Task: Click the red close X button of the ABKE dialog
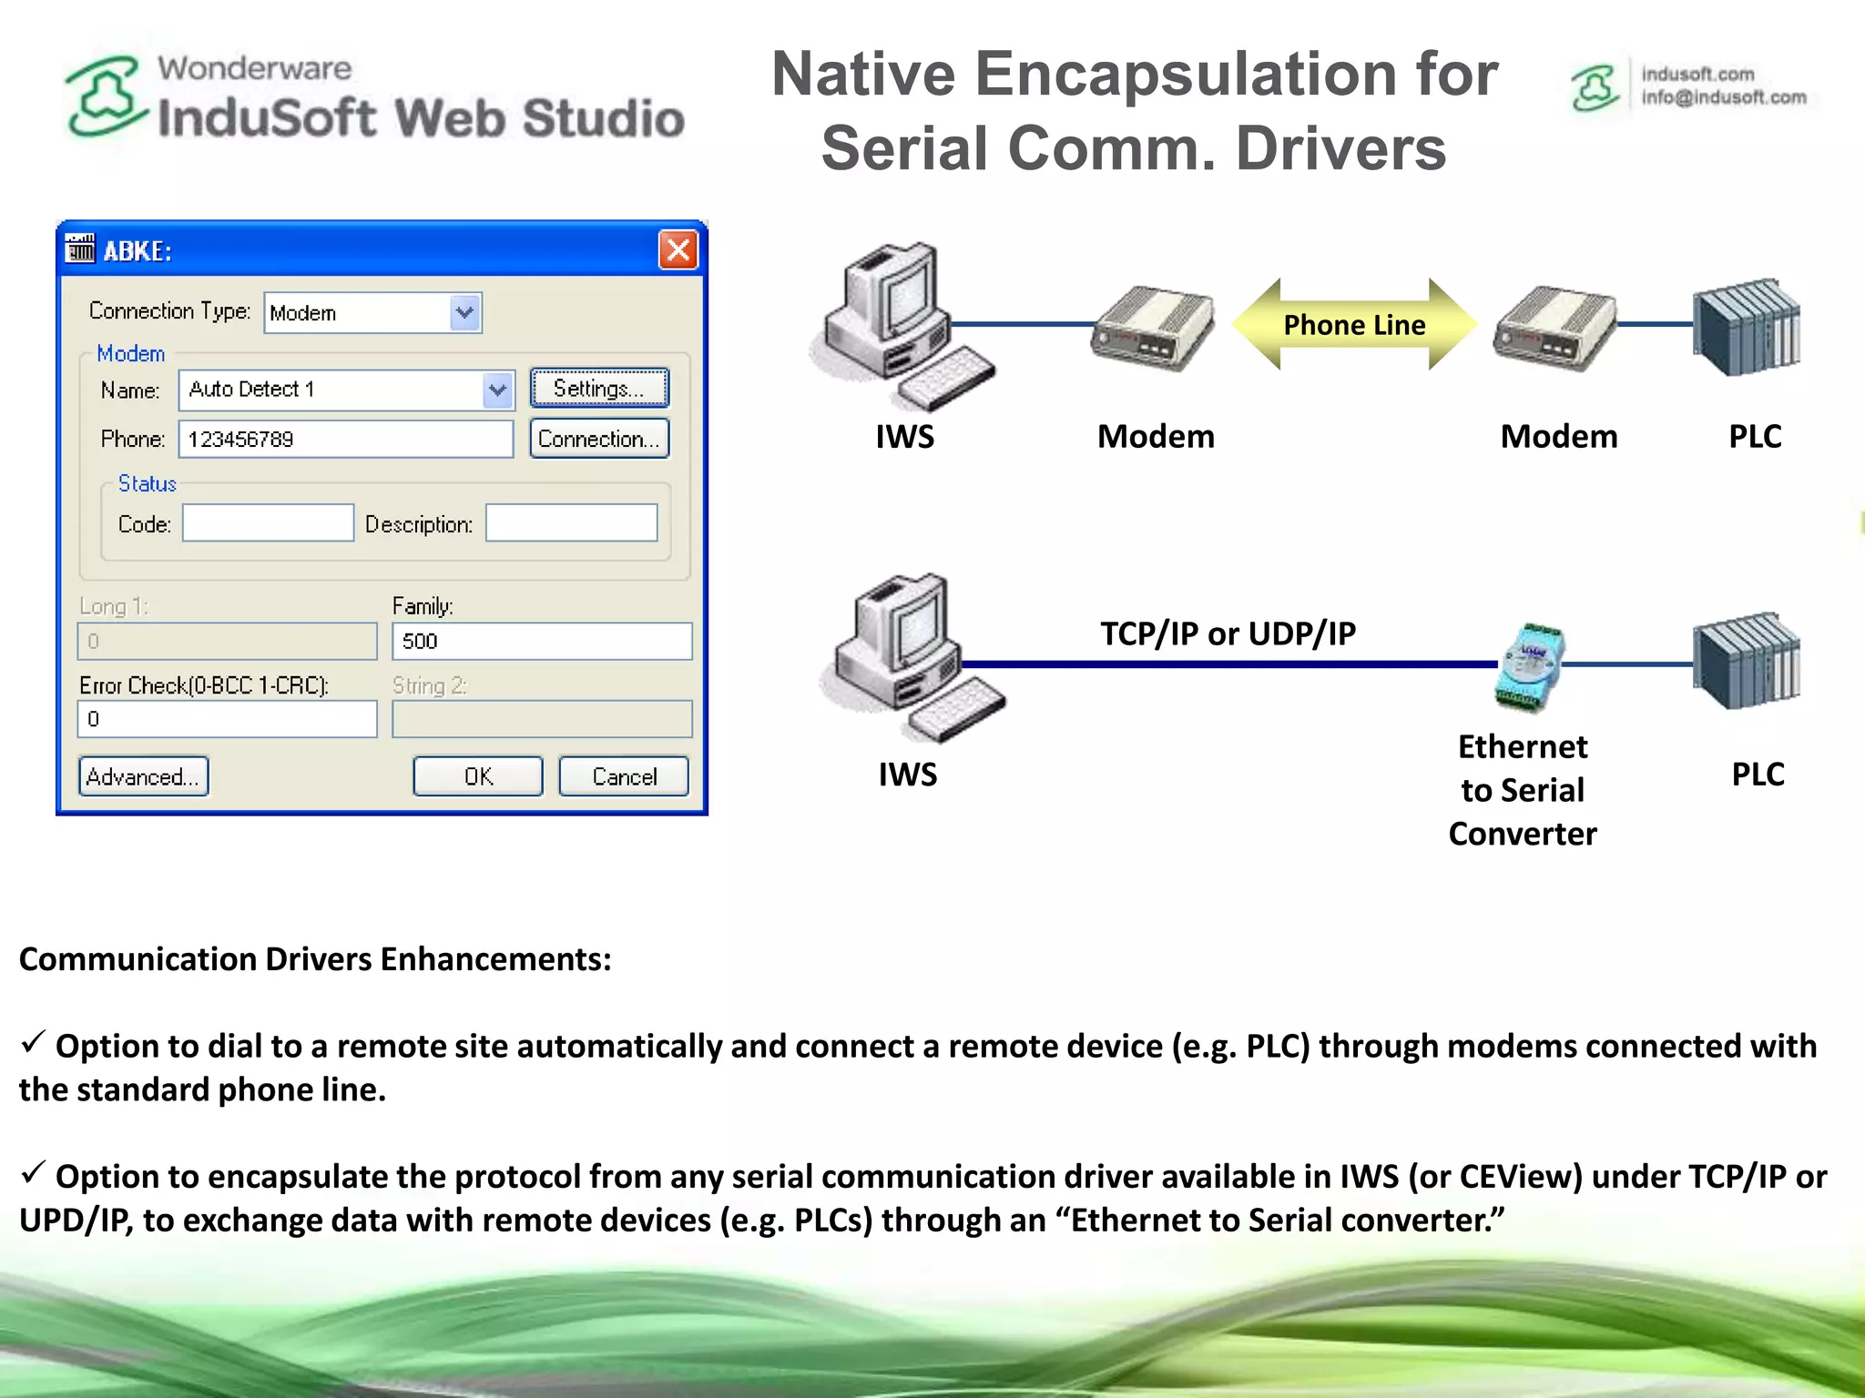coord(678,249)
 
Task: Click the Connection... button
coord(599,439)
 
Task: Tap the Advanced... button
coord(144,776)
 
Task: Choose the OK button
coord(478,776)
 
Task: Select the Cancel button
coord(624,776)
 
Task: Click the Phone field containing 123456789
coord(346,439)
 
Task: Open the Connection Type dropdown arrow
coord(465,312)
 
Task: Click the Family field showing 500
coord(542,641)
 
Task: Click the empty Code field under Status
coord(268,523)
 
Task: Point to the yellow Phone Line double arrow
coord(1354,325)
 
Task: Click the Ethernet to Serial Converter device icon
coord(1530,666)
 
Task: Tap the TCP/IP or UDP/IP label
coord(1228,633)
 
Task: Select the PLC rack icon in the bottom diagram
coord(1746,661)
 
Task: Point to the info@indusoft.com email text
coord(1723,97)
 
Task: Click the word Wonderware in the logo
coord(254,68)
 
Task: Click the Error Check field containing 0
coord(228,719)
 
